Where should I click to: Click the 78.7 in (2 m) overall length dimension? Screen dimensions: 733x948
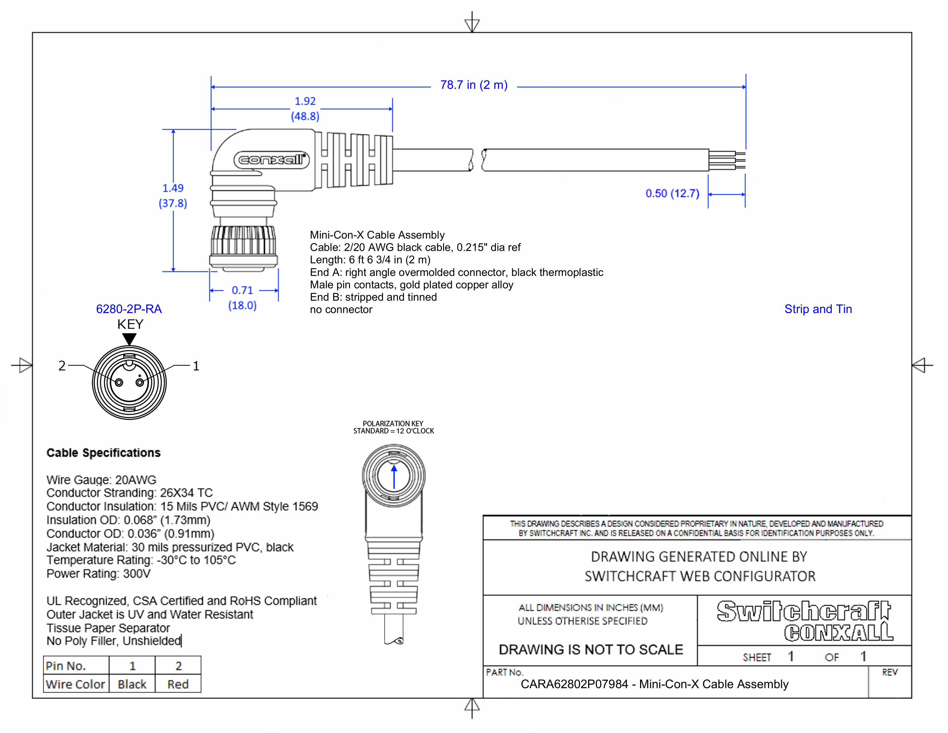(473, 85)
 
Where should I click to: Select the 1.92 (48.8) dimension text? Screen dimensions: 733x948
(305, 109)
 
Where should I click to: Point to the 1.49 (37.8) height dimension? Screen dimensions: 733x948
(173, 196)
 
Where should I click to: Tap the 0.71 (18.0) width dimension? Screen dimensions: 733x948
(242, 298)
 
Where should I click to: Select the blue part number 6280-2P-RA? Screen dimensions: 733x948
(129, 309)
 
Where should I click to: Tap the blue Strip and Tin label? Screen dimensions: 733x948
(818, 309)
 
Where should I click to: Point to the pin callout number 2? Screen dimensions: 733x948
(62, 366)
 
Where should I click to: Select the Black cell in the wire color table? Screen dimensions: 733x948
(132, 684)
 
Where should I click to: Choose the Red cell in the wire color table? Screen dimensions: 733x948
(178, 684)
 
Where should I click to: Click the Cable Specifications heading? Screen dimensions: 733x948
(103, 453)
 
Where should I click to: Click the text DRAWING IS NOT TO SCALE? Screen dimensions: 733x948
(590, 650)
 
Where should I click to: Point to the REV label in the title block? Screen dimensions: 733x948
(889, 673)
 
